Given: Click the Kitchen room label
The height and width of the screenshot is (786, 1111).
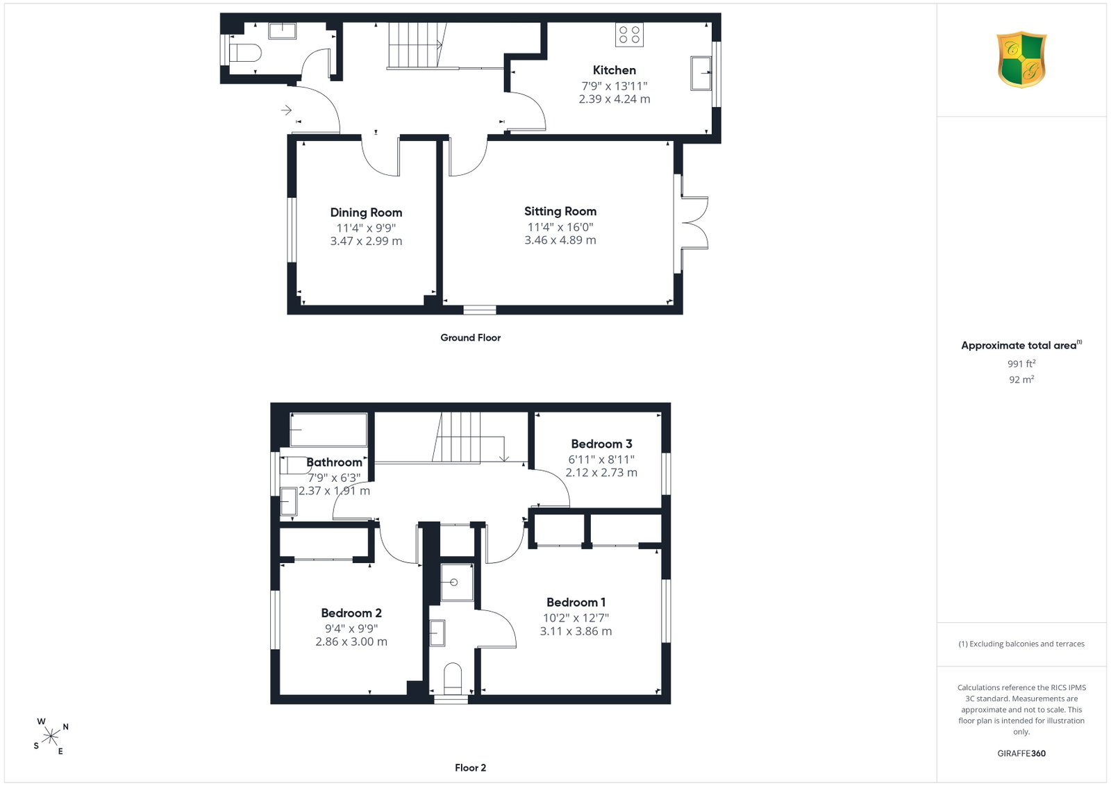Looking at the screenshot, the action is tap(614, 70).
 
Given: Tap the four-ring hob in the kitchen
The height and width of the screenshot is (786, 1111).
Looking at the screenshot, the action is tap(629, 35).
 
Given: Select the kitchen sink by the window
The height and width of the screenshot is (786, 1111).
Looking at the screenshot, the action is tap(701, 74).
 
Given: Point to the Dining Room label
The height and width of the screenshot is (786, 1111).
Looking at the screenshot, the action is tap(366, 212).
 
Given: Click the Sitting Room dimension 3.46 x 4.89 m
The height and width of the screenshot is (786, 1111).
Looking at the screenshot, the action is tap(560, 240).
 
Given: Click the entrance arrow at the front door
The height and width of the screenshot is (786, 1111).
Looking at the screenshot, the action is tap(286, 110).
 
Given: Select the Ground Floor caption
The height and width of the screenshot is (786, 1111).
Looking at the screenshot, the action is tap(470, 337).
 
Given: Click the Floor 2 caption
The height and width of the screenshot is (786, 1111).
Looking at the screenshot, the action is tap(470, 768).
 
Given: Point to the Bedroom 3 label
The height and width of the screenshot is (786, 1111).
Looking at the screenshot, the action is tap(601, 444).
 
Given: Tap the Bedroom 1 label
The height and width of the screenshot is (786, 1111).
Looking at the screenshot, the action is tap(576, 602).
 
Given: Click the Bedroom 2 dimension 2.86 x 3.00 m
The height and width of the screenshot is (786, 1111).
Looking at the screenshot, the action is tap(351, 642).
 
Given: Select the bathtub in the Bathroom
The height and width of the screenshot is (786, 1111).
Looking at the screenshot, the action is tap(328, 429).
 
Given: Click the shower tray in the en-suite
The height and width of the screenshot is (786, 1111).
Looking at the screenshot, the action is tap(457, 583).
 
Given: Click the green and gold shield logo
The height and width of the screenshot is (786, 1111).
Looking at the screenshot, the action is tap(1021, 60).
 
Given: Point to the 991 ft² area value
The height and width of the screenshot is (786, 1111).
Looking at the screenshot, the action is tap(1021, 364).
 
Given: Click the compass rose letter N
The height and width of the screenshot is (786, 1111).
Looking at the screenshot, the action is tap(65, 727).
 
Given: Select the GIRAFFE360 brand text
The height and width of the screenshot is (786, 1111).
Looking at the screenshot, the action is tap(1021, 753).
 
